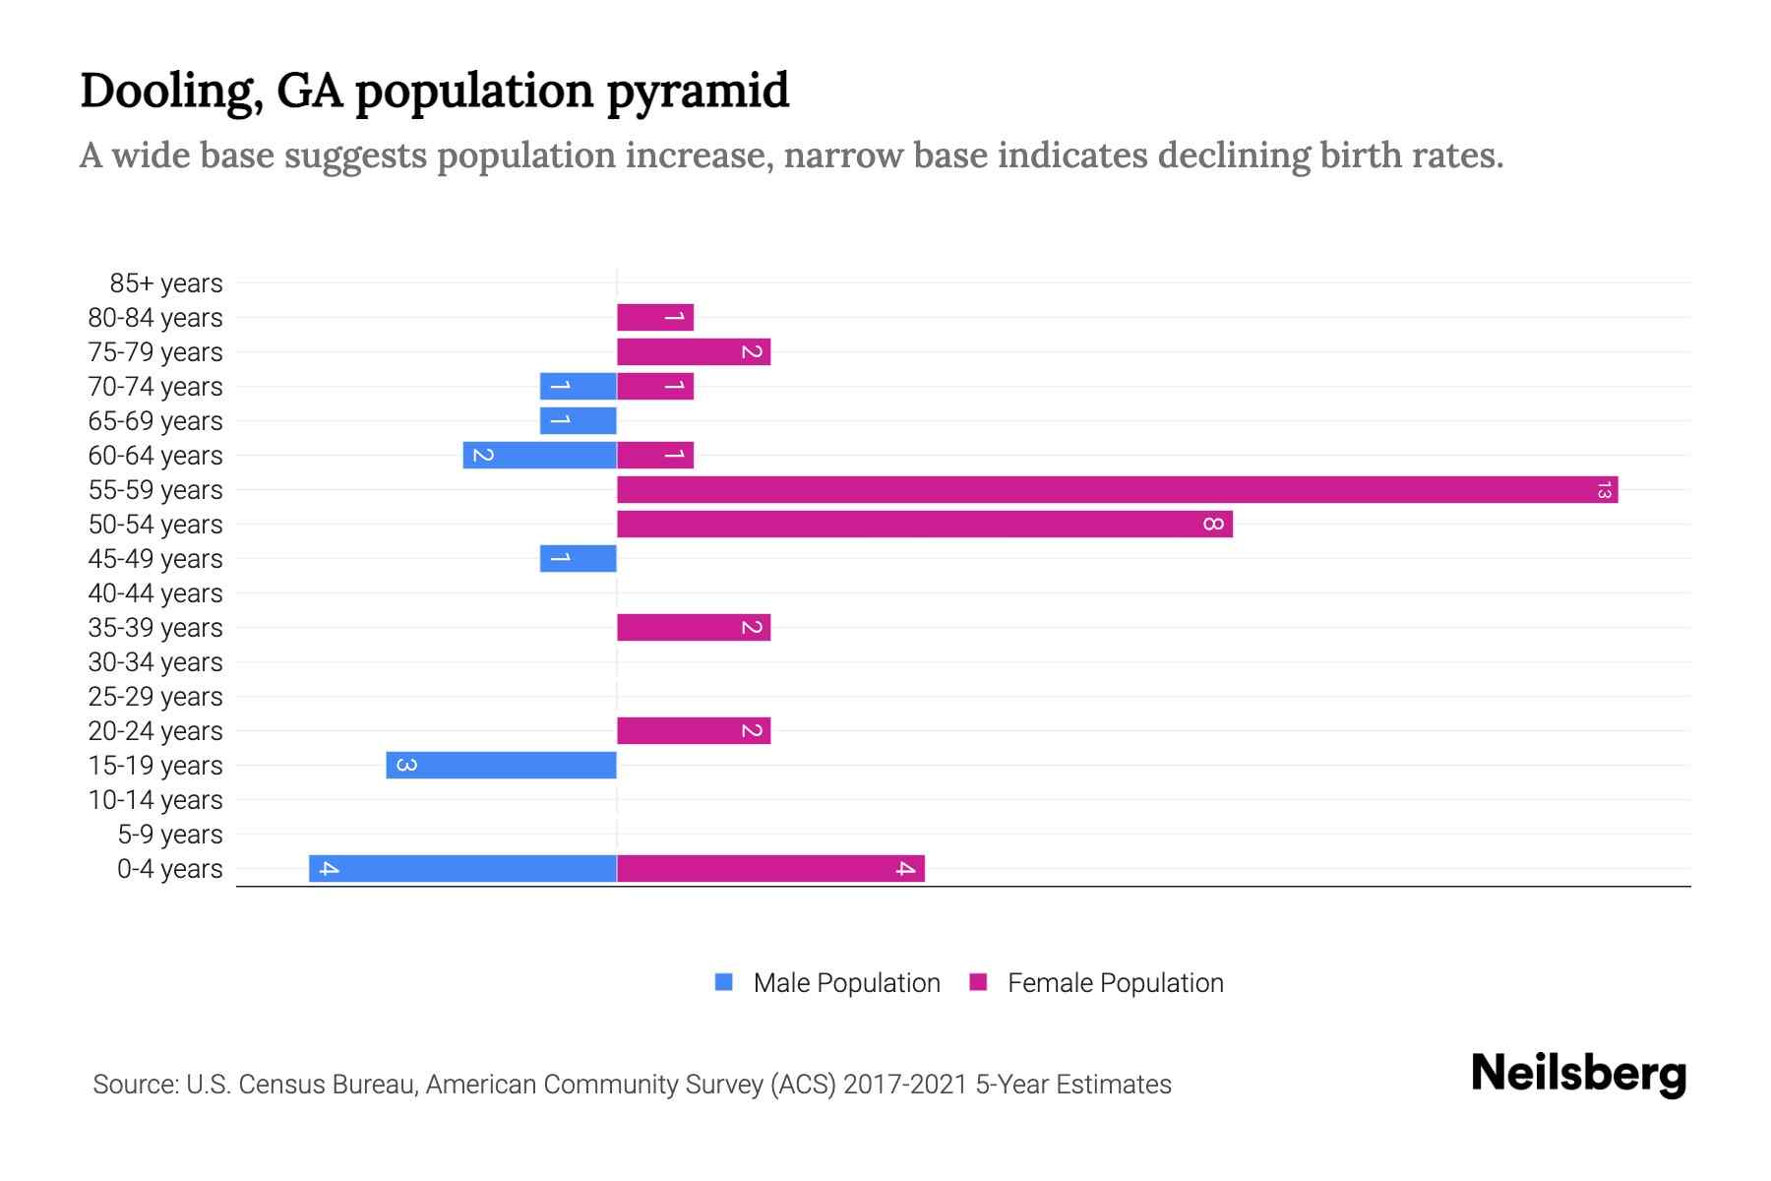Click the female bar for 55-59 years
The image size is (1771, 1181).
pos(1117,489)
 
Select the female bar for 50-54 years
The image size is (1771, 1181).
pos(925,524)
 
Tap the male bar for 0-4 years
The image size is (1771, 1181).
pos(462,868)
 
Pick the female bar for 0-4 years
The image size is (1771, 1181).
pos(770,868)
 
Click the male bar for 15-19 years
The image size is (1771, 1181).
pos(501,765)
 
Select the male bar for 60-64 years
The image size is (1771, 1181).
pos(539,455)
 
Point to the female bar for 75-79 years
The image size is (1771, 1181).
pos(694,351)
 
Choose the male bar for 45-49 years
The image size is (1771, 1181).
pos(578,558)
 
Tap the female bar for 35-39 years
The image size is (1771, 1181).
pos(694,627)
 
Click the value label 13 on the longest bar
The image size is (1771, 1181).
pos(1604,489)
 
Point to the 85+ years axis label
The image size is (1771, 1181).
pos(165,283)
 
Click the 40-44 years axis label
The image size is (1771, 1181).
pos(155,593)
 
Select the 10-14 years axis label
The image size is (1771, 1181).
pos(155,800)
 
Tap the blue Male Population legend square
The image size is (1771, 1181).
pos(724,982)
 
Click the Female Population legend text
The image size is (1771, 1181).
pos(1115,982)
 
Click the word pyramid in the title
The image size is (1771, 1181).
pos(698,92)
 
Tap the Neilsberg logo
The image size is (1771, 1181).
pos(1578,1074)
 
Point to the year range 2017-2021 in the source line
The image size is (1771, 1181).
pos(905,1085)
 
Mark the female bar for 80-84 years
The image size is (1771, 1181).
pos(655,317)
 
